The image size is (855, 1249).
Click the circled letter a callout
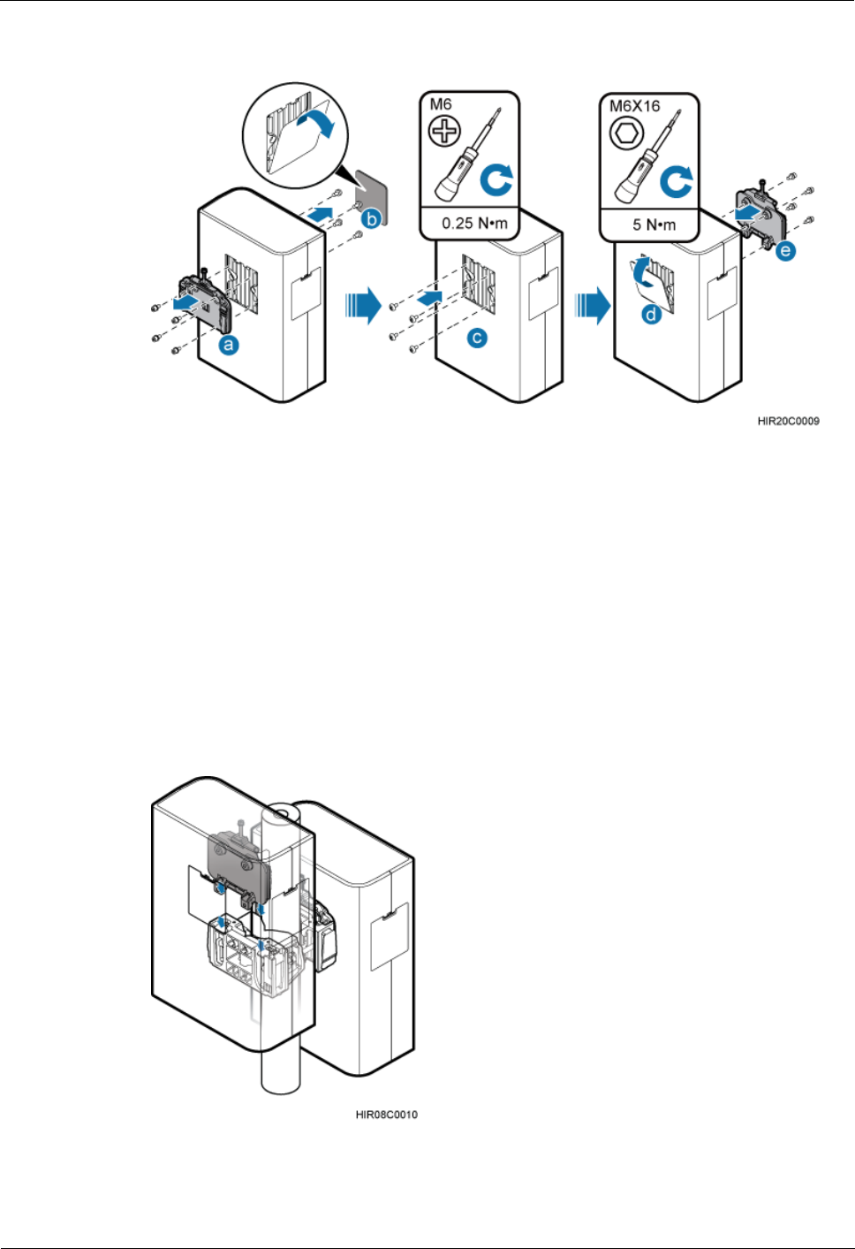[229, 346]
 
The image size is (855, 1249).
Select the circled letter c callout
[477, 337]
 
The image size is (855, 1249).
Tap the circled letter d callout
[651, 313]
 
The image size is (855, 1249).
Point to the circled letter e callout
[785, 251]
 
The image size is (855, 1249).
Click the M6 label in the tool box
[440, 105]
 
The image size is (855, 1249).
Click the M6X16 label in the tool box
[635, 106]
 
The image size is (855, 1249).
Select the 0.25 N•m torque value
[474, 224]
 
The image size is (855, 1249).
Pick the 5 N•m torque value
[654, 225]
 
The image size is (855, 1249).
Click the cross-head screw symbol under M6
[444, 133]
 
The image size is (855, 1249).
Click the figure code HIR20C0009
[788, 421]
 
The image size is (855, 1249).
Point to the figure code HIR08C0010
[386, 1115]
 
